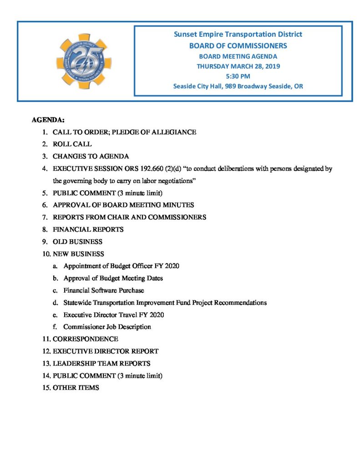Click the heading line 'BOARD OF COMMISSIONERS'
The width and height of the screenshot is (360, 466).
point(238,46)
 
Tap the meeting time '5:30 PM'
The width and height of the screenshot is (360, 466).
point(238,76)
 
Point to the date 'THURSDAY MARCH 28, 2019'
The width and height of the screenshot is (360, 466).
point(238,66)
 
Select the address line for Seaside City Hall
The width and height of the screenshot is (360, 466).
point(238,86)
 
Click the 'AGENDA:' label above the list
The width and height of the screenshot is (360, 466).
point(48,120)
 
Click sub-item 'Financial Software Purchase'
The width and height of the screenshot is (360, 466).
point(104,290)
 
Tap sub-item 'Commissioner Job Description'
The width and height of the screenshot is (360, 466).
point(107,327)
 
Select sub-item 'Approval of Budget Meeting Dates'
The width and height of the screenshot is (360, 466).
point(113,278)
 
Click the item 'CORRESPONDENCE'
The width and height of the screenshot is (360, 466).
point(85,339)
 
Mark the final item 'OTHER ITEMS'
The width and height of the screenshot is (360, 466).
point(76,388)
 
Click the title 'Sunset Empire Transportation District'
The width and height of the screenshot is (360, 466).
point(238,35)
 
